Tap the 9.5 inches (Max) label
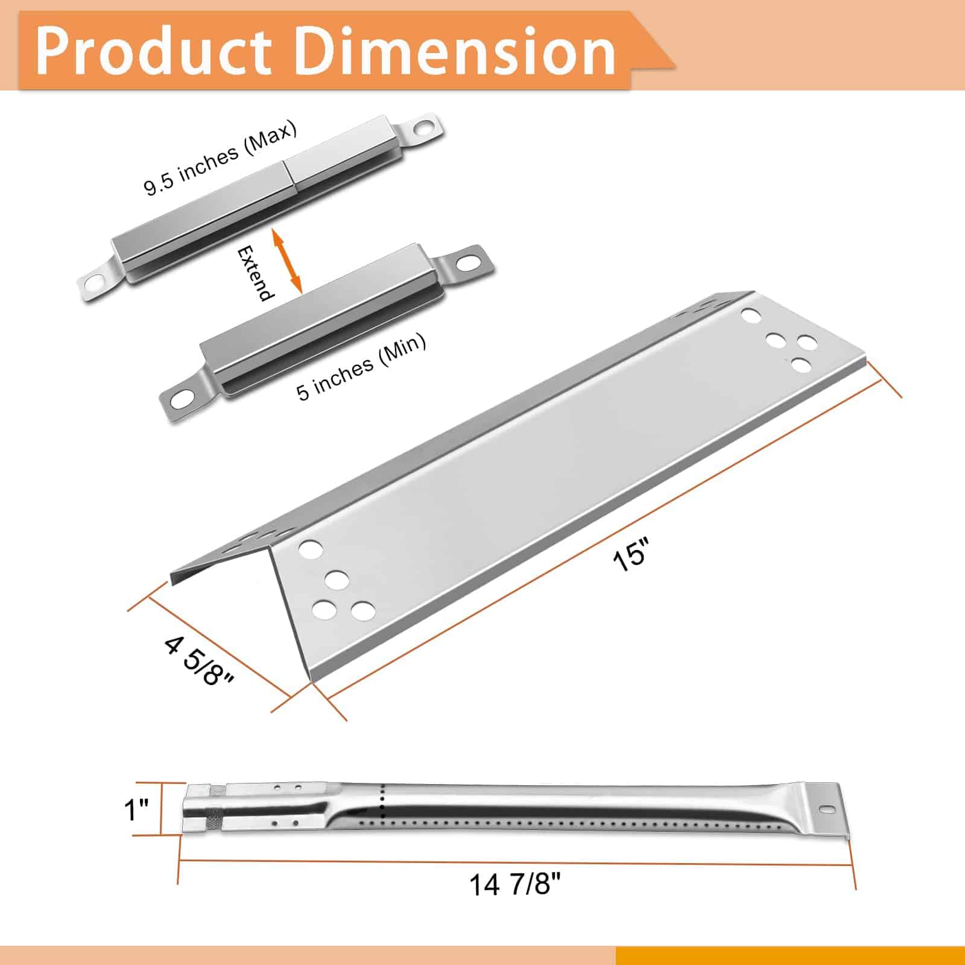pyautogui.click(x=221, y=158)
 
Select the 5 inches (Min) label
pyautogui.click(x=361, y=367)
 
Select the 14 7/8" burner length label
pyautogui.click(x=515, y=885)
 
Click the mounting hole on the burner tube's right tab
pyautogui.click(x=826, y=809)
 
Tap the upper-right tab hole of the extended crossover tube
pyautogui.click(x=425, y=127)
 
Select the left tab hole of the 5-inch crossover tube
pyautogui.click(x=182, y=398)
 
